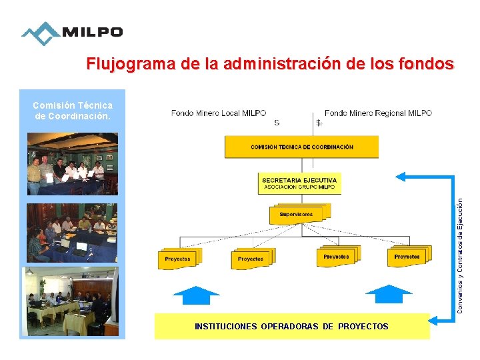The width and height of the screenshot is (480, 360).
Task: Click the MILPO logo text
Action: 92,32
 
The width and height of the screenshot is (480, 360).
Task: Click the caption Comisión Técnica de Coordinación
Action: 73,111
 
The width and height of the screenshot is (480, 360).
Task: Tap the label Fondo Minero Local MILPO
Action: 219,113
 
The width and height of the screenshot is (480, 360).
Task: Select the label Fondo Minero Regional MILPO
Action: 378,113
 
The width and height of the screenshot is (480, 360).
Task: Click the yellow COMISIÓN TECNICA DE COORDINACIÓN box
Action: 301,147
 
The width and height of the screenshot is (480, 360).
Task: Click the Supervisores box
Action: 295,215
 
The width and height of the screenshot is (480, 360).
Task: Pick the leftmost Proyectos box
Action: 178,259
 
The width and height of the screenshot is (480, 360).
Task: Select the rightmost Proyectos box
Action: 408,256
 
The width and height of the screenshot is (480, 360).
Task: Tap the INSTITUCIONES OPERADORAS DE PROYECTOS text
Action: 291,327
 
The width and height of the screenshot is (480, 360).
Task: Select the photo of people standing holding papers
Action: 73,164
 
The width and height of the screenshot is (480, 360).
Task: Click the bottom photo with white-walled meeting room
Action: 73,302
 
